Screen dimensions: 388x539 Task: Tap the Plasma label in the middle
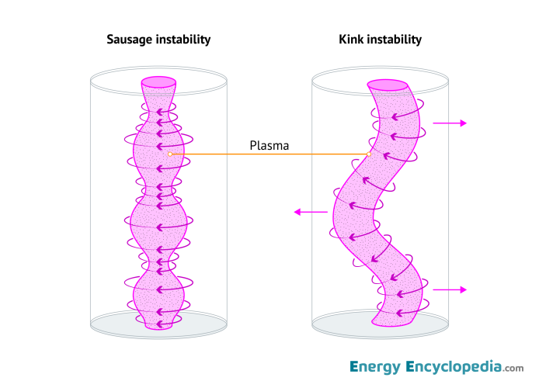click(x=268, y=144)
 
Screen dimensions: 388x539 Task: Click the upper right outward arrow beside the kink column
click(x=450, y=123)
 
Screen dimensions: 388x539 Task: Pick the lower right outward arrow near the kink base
click(x=450, y=289)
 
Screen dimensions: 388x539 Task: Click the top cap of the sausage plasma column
click(x=158, y=81)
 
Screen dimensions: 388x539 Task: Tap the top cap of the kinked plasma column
click(x=387, y=85)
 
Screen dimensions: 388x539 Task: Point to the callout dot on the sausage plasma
click(x=170, y=154)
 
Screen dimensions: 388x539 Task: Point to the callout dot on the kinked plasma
click(x=369, y=154)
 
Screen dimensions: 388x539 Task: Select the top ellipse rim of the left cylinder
click(x=158, y=68)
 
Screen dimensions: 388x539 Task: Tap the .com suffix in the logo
click(x=513, y=369)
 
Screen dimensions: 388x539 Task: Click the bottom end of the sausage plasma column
click(x=158, y=324)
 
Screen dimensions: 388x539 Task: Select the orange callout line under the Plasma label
click(x=268, y=154)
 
